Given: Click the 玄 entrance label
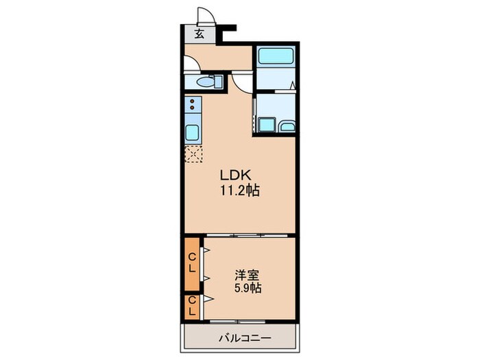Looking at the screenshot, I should click(x=199, y=34).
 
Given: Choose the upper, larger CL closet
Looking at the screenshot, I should click(x=193, y=263).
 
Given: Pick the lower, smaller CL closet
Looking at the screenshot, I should click(x=193, y=306).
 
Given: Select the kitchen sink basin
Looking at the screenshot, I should click(x=193, y=132).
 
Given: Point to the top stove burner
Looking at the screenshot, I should click(x=193, y=101).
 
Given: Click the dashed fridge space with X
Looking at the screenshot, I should click(x=193, y=153).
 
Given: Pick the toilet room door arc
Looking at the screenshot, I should click(x=191, y=67).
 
